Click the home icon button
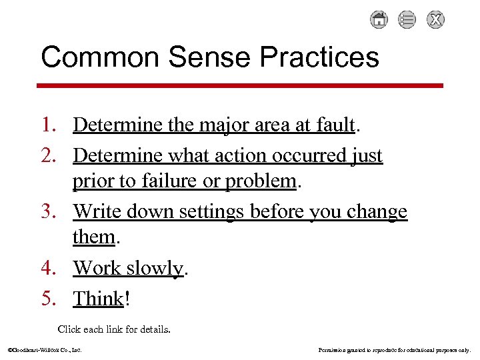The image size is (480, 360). pos(379,20)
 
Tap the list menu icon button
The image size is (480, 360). pos(407,20)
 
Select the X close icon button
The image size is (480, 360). pos(435,20)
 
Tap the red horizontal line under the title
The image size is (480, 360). pos(239,85)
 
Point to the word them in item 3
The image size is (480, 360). pos(93,237)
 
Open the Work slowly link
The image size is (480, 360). pos(128,268)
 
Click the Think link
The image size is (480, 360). pos(99,298)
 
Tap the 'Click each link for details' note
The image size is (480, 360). pos(114,329)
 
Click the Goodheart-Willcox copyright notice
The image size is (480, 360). pos(44,349)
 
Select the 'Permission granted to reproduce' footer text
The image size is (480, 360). pos(395,349)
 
